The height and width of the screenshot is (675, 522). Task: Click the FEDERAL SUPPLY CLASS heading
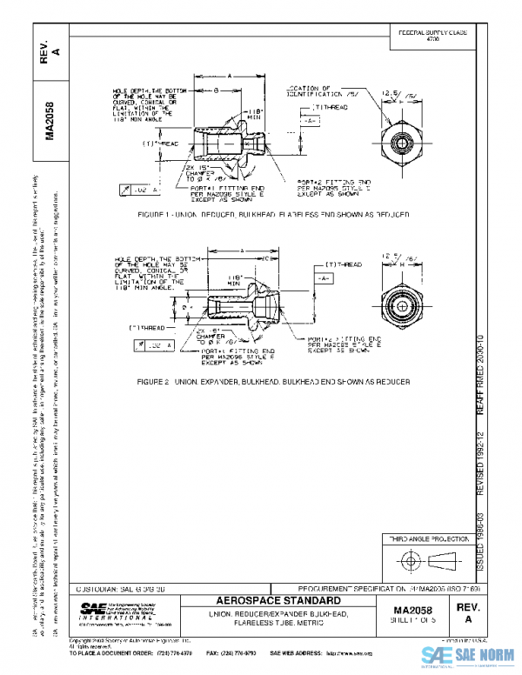432,31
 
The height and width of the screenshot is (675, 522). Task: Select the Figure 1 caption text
261,212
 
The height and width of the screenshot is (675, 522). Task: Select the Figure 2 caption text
261,382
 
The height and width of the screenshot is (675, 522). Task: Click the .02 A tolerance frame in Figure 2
157,345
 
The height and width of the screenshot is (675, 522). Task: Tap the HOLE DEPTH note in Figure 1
145,100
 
